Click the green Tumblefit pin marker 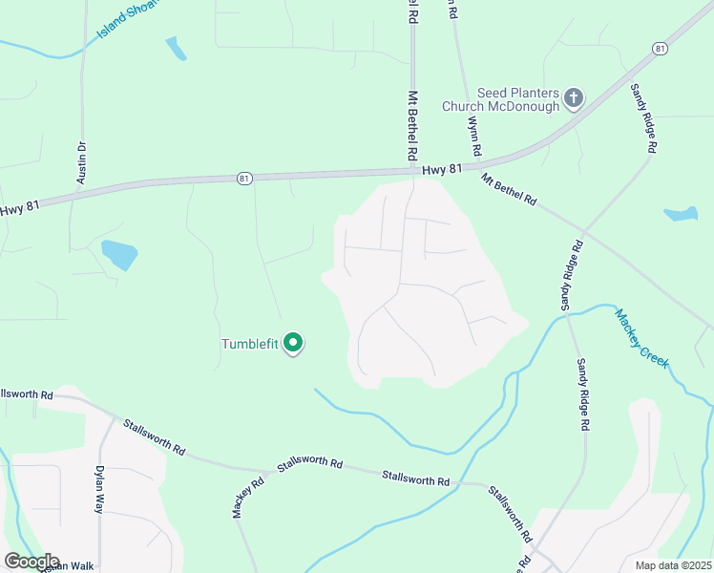coord(294,343)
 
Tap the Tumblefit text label coord(249,345)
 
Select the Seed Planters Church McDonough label coord(500,99)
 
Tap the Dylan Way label coord(98,489)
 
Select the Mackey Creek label coord(640,338)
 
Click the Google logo coord(31,562)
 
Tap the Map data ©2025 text coord(673,565)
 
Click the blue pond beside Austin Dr coord(119,254)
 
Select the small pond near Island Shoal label coord(176,48)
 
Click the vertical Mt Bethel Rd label coord(412,124)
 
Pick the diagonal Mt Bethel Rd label coord(509,189)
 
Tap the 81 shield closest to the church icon coord(660,48)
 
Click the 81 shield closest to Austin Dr coord(245,178)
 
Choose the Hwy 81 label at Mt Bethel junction coord(442,168)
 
